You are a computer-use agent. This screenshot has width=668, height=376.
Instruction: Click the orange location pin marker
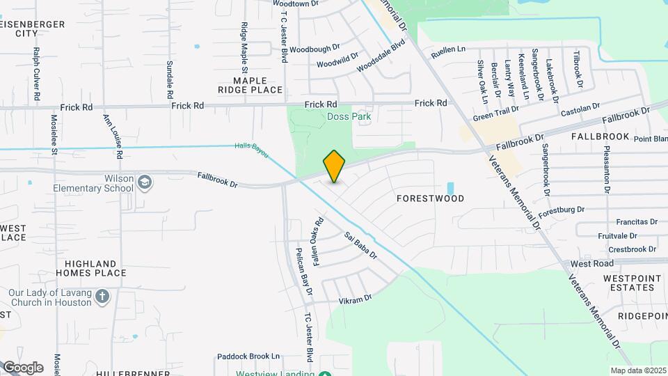[x=334, y=166]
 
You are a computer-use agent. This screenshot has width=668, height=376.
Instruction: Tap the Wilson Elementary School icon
[x=144, y=182]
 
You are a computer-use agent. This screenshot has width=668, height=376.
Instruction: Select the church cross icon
[x=102, y=297]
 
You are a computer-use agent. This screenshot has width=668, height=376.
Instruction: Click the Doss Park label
[x=349, y=117]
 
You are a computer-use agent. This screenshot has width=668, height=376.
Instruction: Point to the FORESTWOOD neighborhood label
[x=430, y=198]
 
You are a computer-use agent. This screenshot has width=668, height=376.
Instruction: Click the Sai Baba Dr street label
[x=360, y=245]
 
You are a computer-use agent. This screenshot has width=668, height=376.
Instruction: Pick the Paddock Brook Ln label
[x=248, y=356]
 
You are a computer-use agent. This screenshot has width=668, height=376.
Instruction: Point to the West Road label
[x=591, y=264]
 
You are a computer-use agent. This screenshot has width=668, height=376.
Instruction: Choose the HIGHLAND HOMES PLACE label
[x=95, y=268]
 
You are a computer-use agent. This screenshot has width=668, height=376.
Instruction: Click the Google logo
[x=22, y=367]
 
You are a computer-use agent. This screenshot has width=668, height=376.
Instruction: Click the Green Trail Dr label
[x=496, y=113]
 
